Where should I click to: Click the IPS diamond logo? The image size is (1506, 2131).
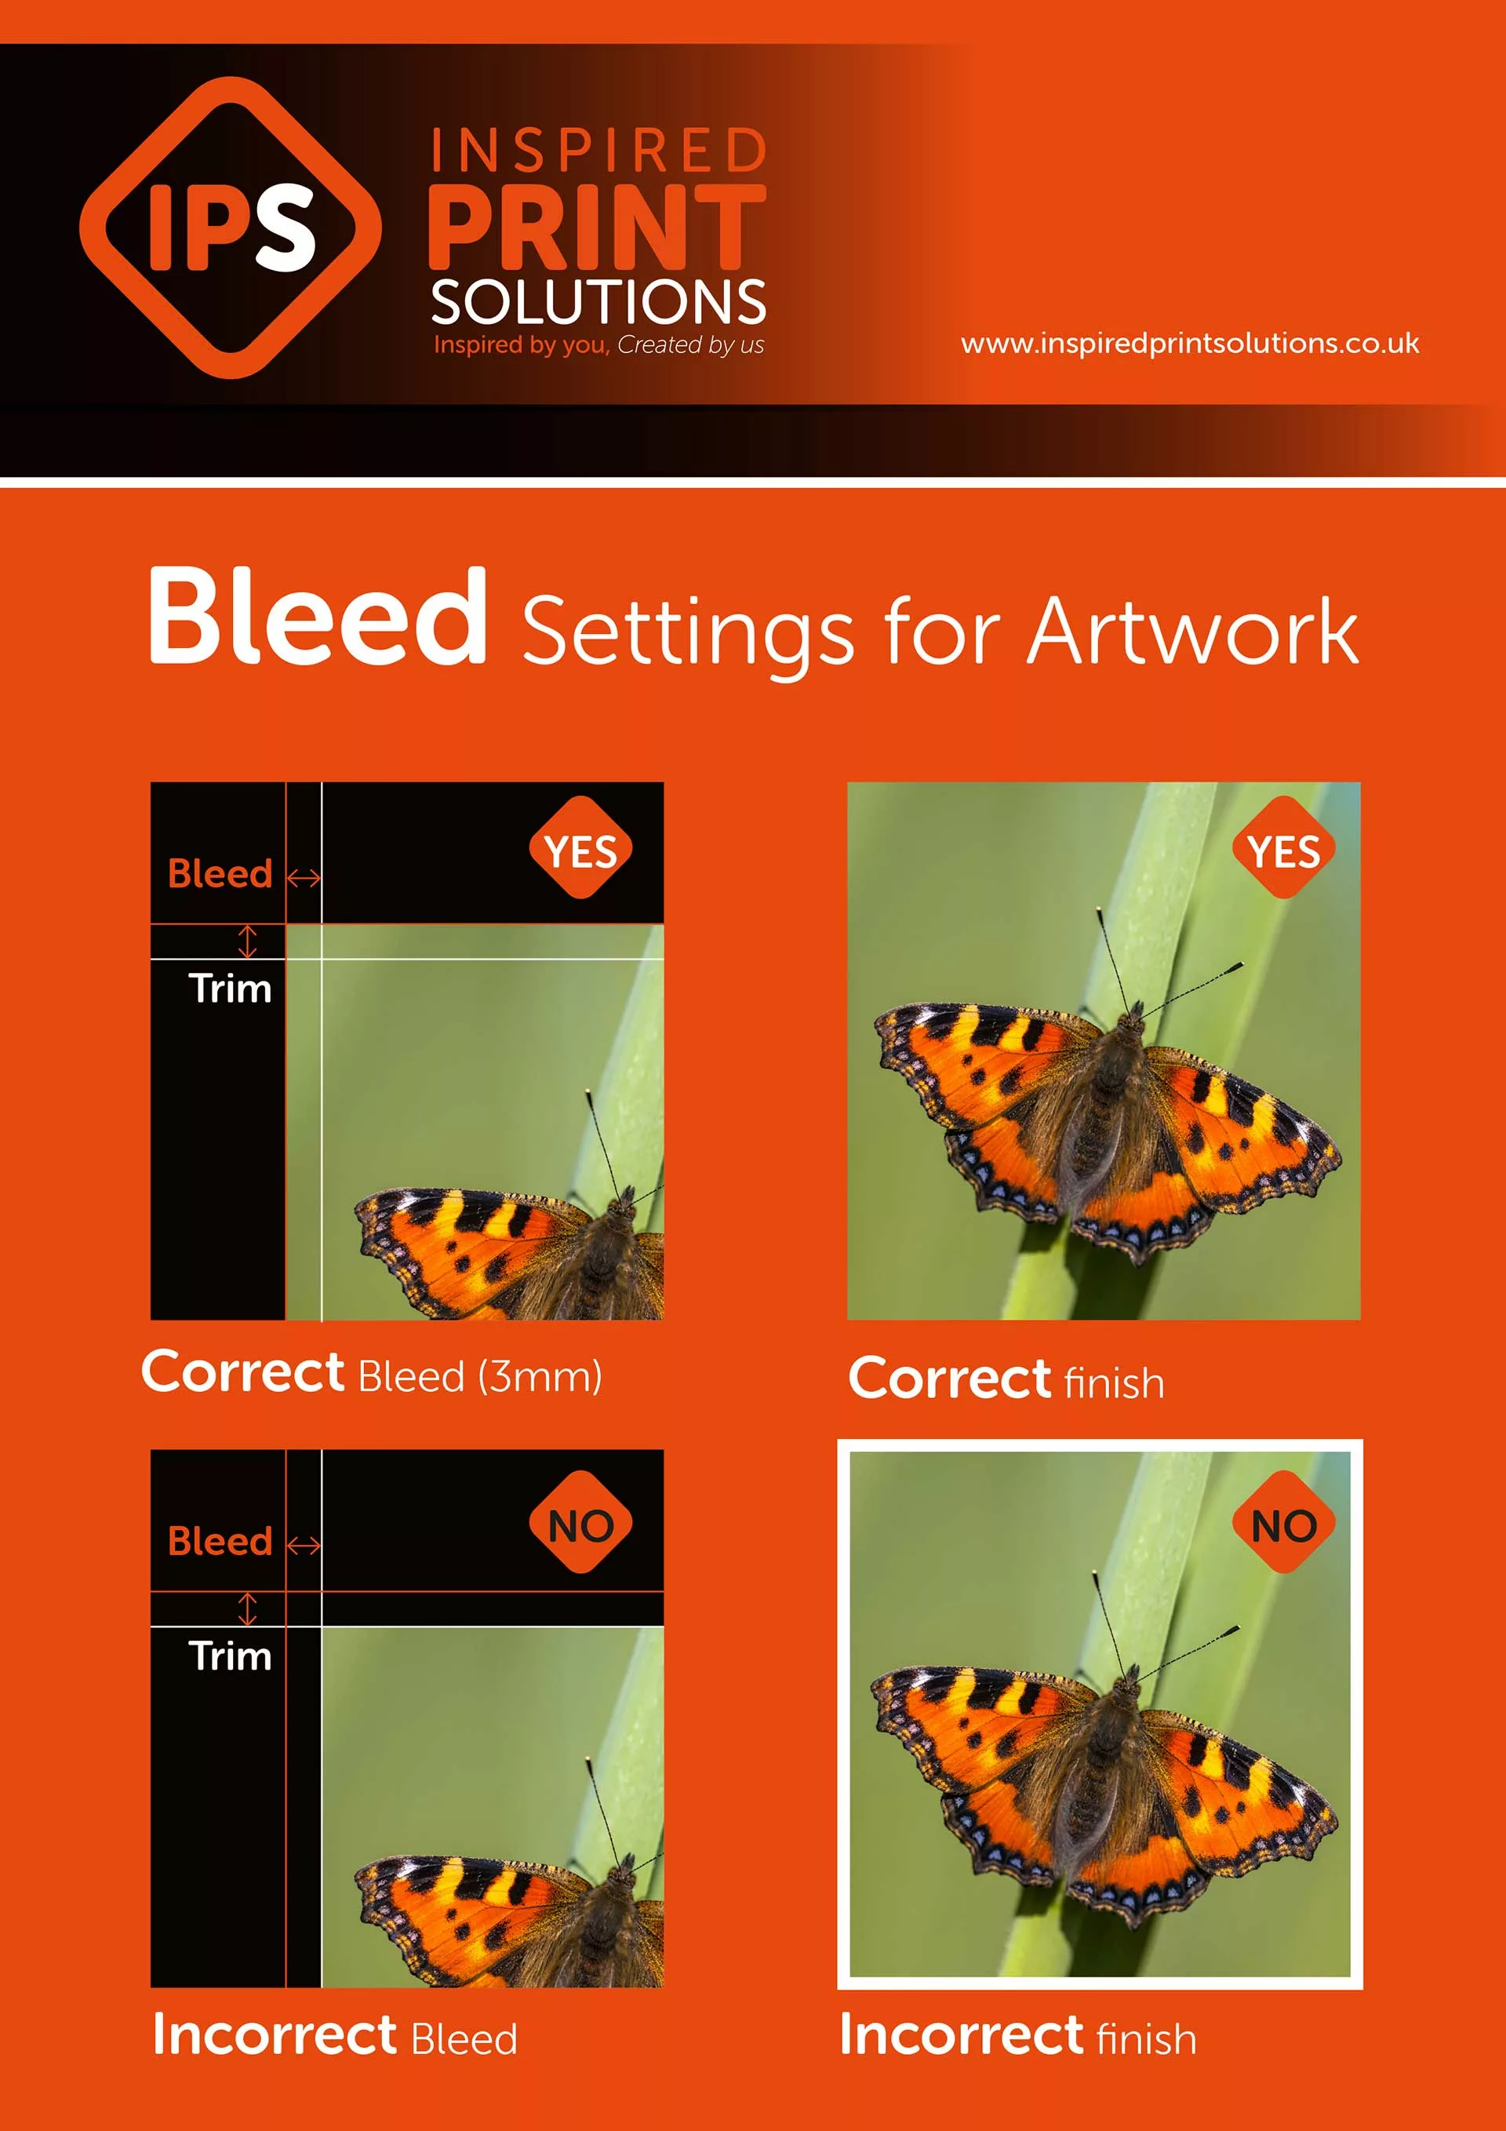point(230,228)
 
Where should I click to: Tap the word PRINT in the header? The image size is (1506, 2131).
point(597,228)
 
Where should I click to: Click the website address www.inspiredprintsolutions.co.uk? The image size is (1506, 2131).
point(1188,344)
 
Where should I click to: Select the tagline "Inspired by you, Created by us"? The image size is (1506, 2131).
point(598,345)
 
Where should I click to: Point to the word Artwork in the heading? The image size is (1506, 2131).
point(1192,632)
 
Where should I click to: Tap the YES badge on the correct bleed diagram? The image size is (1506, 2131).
point(581,847)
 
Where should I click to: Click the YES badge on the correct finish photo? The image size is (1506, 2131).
point(1283,847)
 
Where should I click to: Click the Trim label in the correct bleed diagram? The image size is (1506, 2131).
point(230,989)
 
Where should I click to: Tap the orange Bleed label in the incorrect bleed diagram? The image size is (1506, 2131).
point(220,1542)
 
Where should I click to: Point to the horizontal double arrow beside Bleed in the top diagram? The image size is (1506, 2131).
point(304,877)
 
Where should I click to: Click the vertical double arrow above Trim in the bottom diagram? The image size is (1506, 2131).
point(247,1608)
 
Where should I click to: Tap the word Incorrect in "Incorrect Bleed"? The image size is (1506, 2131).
point(275,2034)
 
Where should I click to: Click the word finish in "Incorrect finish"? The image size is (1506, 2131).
point(1146,2039)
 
